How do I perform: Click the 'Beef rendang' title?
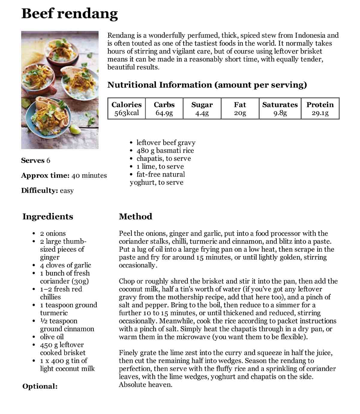pyautogui.click(x=70, y=14)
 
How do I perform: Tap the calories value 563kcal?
pyautogui.click(x=127, y=113)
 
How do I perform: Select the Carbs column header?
pyautogui.click(x=164, y=105)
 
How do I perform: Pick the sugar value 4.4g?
pyautogui.click(x=202, y=113)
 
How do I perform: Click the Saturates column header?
pyautogui.click(x=280, y=105)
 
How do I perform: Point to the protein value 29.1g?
pyautogui.click(x=320, y=113)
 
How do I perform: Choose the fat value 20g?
pyautogui.click(x=240, y=113)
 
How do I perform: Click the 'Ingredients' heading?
pyautogui.click(x=48, y=216)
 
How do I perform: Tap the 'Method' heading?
pyautogui.click(x=135, y=216)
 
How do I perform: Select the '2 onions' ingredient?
pyautogui.click(x=53, y=234)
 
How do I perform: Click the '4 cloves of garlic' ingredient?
pyautogui.click(x=65, y=265)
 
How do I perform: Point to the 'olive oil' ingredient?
pyautogui.click(x=52, y=337)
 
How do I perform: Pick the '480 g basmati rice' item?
pyautogui.click(x=165, y=150)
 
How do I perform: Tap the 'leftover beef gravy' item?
pyautogui.click(x=166, y=143)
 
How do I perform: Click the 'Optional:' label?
pyautogui.click(x=40, y=386)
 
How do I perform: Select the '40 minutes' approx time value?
pyautogui.click(x=89, y=175)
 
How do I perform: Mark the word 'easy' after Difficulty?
pyautogui.click(x=67, y=191)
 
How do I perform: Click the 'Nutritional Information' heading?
pyautogui.click(x=207, y=85)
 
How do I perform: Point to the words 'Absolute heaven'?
pyautogui.click(x=145, y=385)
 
